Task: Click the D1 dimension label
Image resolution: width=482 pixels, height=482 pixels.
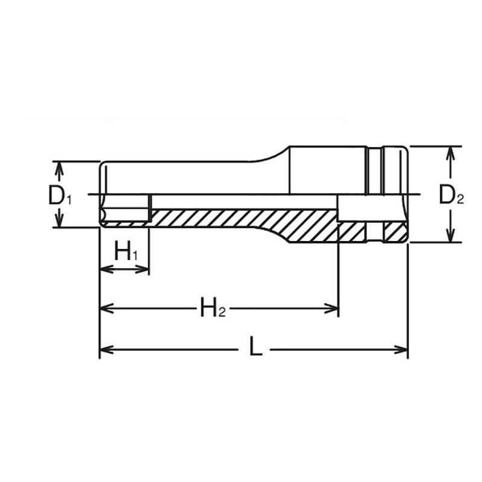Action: pyautogui.click(x=60, y=195)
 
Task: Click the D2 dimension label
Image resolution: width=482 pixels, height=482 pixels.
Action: pyautogui.click(x=451, y=195)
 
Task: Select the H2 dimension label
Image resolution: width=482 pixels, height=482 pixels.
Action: pyautogui.click(x=213, y=310)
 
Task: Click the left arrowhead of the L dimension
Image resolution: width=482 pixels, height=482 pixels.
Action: pyautogui.click(x=104, y=349)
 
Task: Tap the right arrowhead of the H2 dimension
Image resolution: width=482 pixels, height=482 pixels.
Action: pyautogui.click(x=334, y=310)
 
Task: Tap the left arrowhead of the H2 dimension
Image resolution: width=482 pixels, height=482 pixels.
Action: pyautogui.click(x=104, y=310)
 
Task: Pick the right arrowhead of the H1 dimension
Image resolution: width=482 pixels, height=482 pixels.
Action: pyautogui.click(x=144, y=268)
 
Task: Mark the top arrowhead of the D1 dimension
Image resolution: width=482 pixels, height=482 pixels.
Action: pyautogui.click(x=58, y=166)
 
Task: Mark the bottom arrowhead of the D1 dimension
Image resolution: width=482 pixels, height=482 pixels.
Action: pyautogui.click(x=58, y=223)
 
